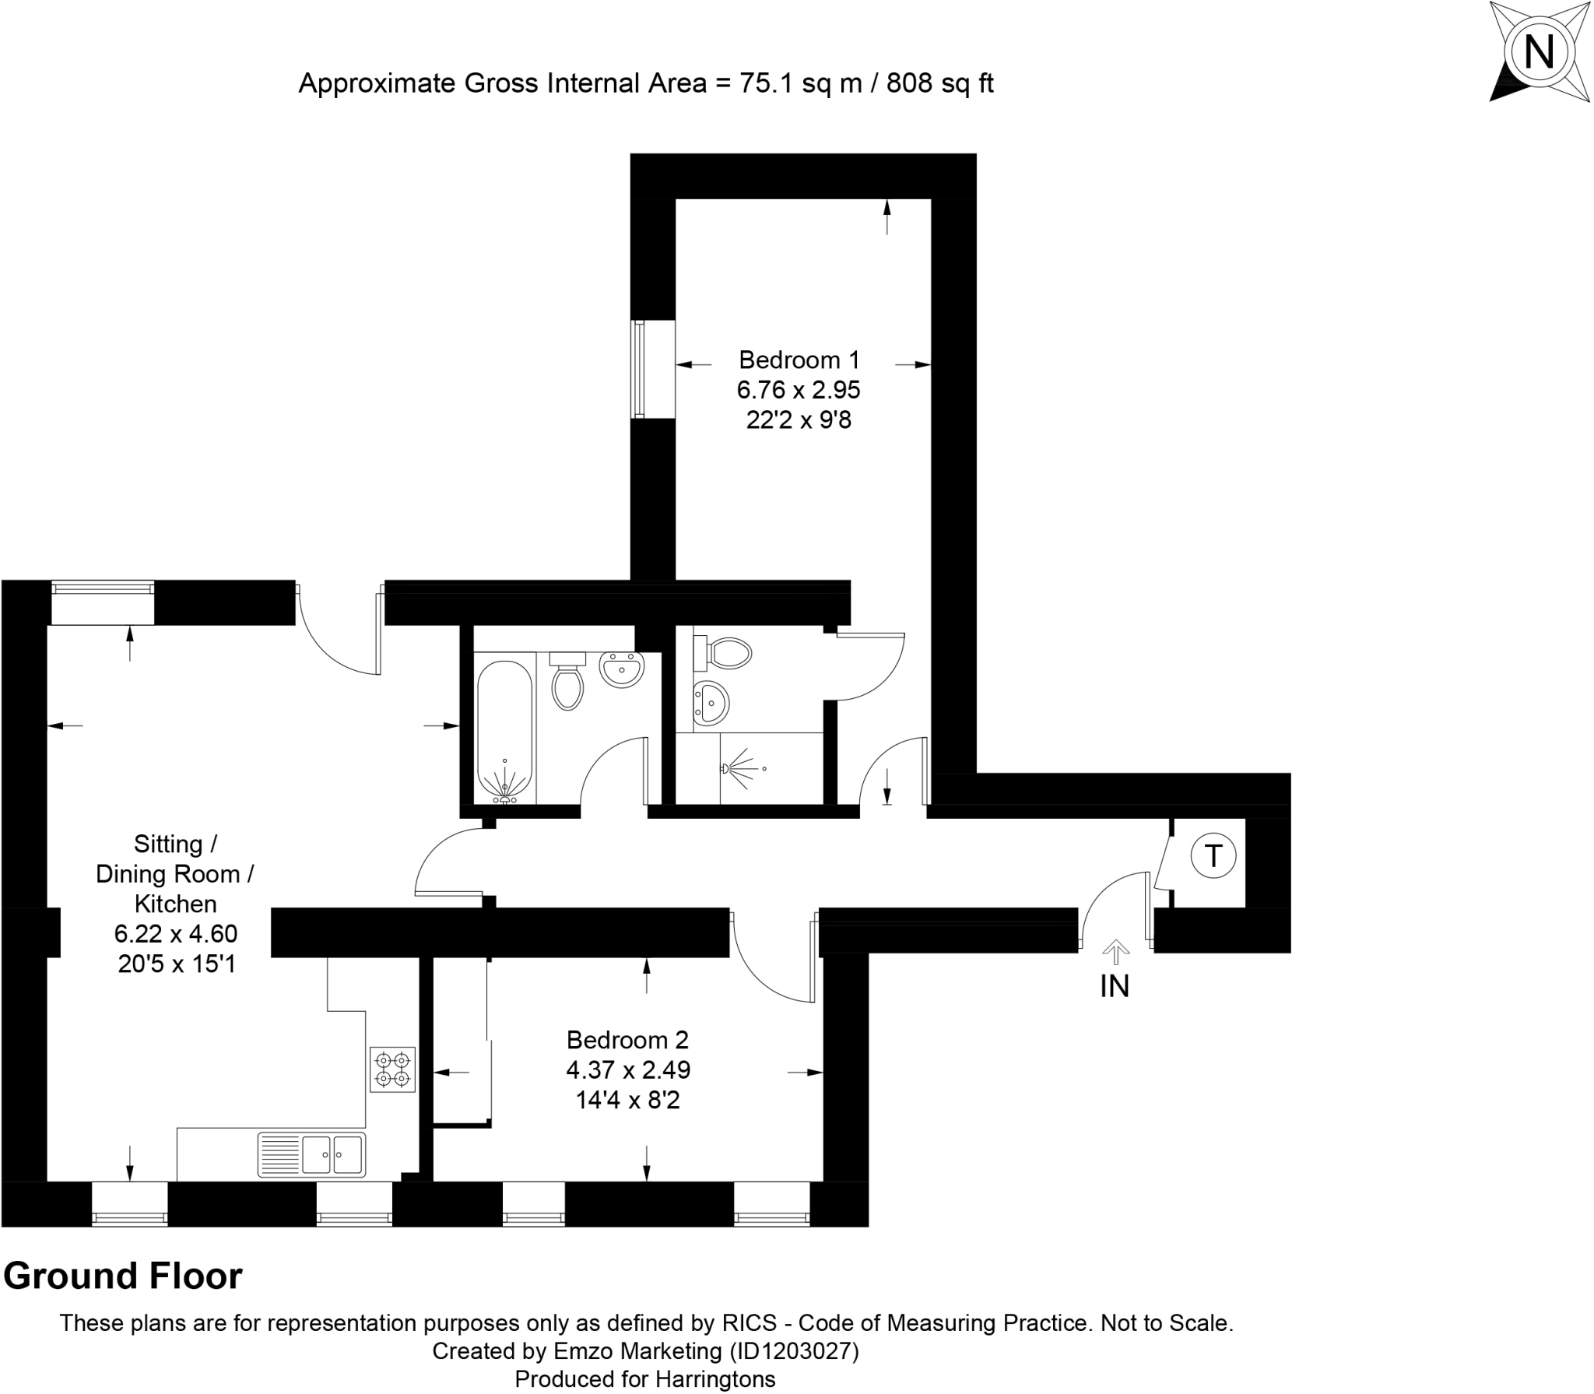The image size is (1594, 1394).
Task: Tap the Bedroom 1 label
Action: click(799, 360)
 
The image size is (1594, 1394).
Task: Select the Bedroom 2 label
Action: click(627, 1040)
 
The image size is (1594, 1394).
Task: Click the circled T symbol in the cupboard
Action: click(1213, 856)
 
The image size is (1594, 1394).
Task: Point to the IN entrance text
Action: click(1115, 987)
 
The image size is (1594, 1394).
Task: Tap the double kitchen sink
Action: click(333, 1154)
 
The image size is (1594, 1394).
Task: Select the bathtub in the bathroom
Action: click(504, 730)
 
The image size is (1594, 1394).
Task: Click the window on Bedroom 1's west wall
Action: click(639, 369)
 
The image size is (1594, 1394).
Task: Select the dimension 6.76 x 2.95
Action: click(799, 389)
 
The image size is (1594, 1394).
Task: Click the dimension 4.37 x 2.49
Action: click(627, 1070)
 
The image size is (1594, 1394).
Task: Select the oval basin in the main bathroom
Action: click(622, 669)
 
